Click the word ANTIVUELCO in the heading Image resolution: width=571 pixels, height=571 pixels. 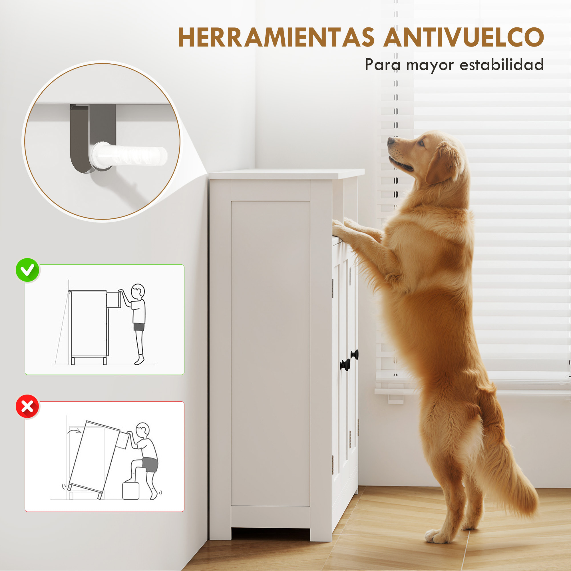463,37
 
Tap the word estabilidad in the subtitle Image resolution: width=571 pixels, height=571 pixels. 502,65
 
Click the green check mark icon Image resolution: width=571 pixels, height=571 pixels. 27,270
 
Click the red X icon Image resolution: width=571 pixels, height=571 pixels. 27,406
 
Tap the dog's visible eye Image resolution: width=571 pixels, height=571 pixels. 421,144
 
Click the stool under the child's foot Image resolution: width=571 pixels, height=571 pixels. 131,491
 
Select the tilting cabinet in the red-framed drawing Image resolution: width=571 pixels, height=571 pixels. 94,460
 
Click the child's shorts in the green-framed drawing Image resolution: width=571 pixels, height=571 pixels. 139,327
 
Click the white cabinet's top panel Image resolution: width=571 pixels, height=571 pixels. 286,174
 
